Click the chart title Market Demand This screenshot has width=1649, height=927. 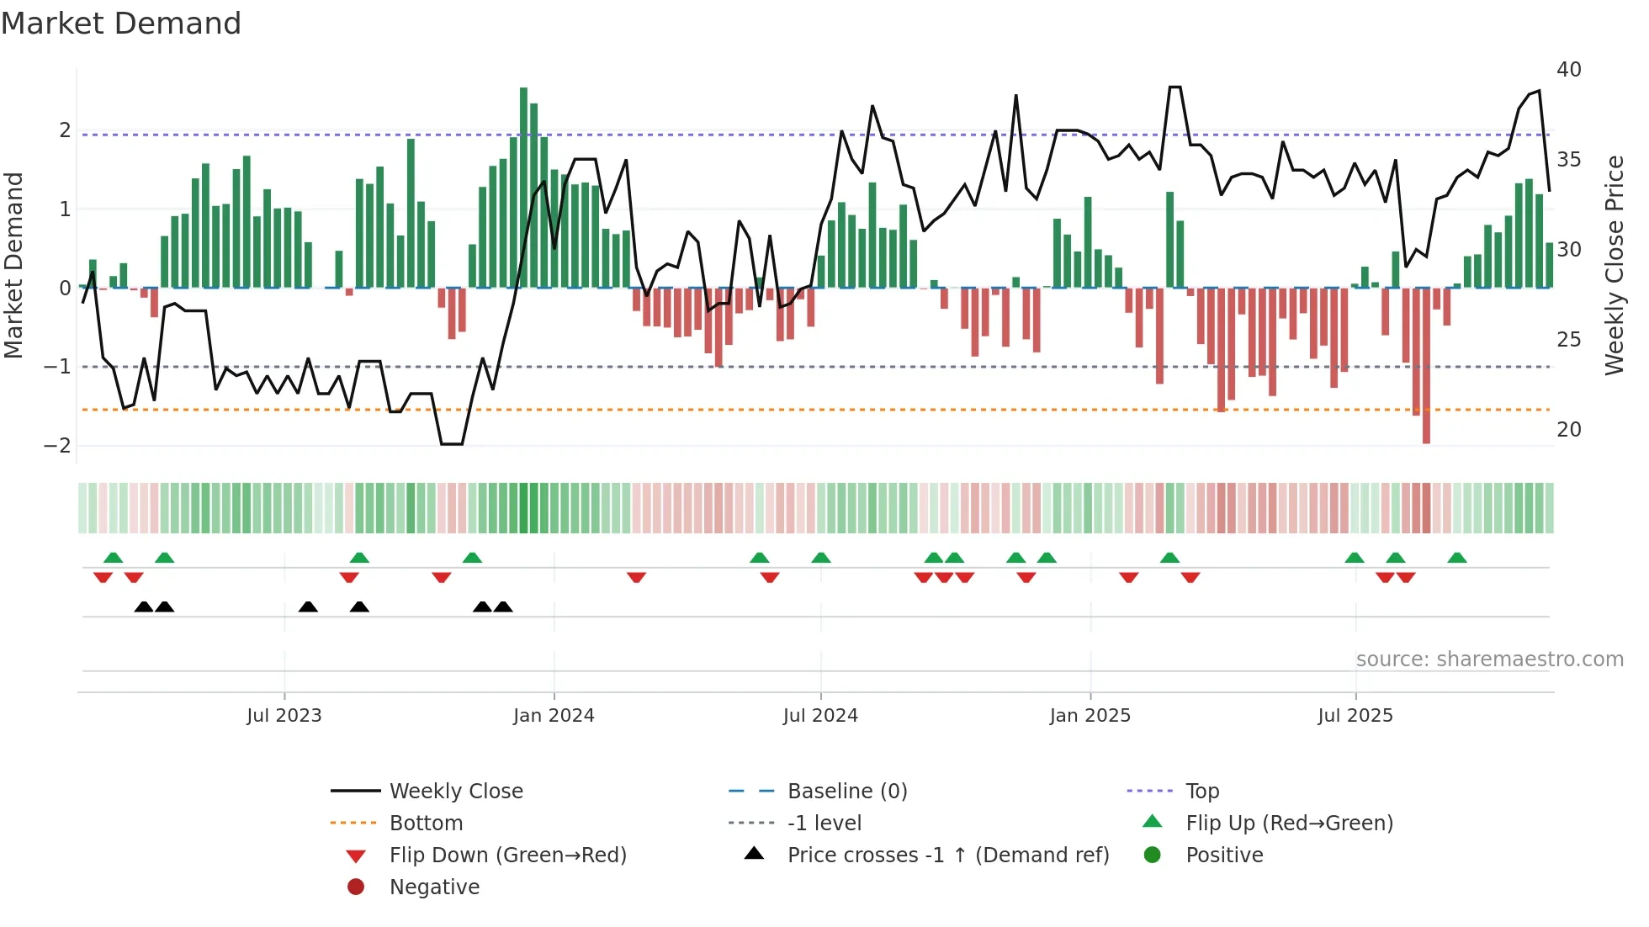pyautogui.click(x=121, y=24)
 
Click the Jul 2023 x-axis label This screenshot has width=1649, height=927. pyautogui.click(x=284, y=716)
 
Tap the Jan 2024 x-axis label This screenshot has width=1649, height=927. pyautogui.click(x=554, y=716)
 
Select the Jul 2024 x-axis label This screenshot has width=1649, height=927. pyautogui.click(x=820, y=716)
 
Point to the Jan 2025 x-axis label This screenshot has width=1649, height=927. pyautogui.click(x=1090, y=716)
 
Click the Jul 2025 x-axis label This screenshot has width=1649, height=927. pyautogui.click(x=1355, y=716)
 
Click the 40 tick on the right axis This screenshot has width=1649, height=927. pyautogui.click(x=1568, y=70)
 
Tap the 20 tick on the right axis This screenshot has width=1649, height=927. pyautogui.click(x=1568, y=430)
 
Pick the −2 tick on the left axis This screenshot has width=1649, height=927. pyautogui.click(x=57, y=446)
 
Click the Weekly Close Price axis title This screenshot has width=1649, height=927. pyautogui.click(x=1614, y=265)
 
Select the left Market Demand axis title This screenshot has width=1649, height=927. pyautogui.click(x=14, y=265)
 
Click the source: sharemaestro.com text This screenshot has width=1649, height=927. pyautogui.click(x=1489, y=659)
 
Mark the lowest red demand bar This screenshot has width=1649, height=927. pyautogui.click(x=1426, y=366)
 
